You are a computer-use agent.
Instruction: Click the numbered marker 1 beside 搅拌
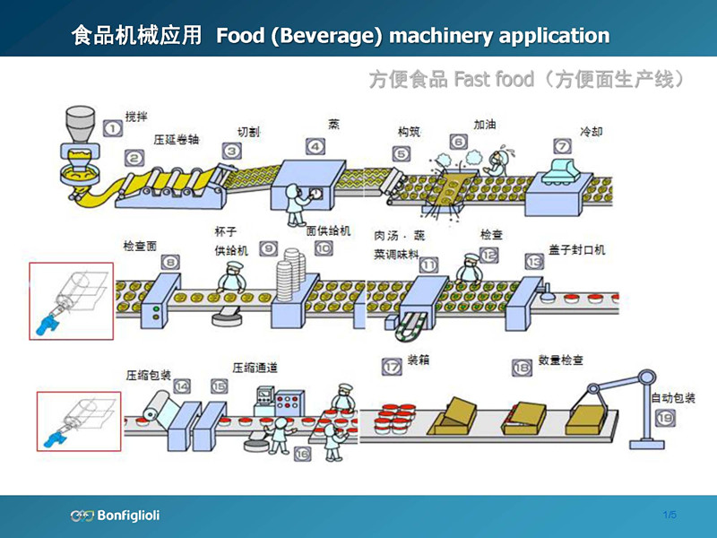(112, 128)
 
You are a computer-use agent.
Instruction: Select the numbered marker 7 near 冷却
(562, 145)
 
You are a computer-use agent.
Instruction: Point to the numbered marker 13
(535, 262)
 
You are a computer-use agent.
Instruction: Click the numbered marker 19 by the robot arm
(664, 417)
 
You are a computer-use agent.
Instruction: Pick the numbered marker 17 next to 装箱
(391, 366)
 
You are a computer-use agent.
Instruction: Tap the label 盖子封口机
(577, 249)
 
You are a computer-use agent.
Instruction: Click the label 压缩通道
(255, 367)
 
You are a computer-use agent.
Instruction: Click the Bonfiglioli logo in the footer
(116, 516)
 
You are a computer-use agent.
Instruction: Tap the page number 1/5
(669, 515)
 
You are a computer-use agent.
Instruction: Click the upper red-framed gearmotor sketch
(71, 301)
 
